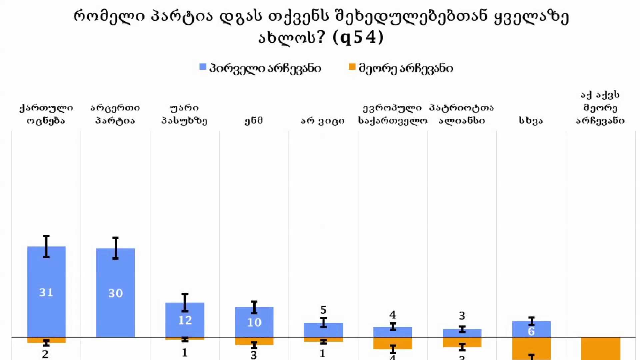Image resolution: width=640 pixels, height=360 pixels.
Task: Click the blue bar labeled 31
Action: tap(46, 292)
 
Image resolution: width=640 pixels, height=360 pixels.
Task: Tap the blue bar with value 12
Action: tap(185, 320)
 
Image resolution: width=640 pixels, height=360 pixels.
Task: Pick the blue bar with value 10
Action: tap(254, 322)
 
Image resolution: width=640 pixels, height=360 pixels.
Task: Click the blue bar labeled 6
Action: tap(531, 330)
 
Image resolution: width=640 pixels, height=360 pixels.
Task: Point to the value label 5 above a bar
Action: tap(323, 310)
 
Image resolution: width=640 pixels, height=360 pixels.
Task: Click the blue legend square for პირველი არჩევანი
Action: tap(203, 67)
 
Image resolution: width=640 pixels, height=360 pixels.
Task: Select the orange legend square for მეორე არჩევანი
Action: tap(352, 67)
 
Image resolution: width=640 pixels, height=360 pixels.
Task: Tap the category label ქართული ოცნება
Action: tap(46, 114)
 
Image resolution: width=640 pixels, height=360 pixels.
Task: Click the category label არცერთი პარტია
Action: tap(115, 114)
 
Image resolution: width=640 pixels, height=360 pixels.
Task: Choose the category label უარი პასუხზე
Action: tap(184, 114)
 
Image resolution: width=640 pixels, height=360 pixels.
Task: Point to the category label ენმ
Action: tap(254, 120)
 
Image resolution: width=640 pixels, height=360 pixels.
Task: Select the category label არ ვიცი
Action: tap(323, 120)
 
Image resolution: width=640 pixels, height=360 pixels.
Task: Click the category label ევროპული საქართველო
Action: tap(392, 114)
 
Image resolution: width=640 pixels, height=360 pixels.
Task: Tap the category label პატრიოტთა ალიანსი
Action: tap(462, 114)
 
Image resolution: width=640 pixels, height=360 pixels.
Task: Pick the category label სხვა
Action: tap(531, 120)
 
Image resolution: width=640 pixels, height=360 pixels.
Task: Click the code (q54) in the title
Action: tap(358, 37)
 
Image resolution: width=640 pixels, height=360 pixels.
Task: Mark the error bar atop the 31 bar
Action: tap(46, 246)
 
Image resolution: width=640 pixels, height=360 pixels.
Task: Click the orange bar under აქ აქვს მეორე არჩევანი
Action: tap(600, 348)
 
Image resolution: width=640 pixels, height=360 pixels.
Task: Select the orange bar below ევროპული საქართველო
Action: tap(392, 343)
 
